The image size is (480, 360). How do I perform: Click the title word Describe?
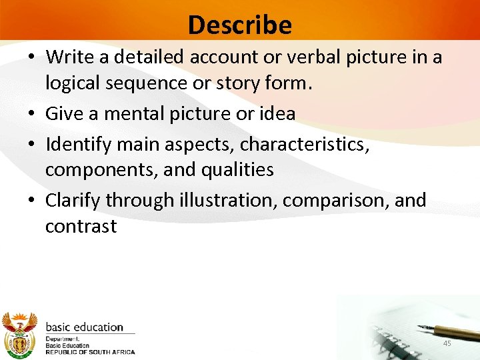(240, 25)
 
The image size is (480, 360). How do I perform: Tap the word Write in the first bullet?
(68, 57)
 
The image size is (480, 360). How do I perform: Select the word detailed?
(150, 57)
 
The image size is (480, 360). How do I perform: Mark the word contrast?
(81, 226)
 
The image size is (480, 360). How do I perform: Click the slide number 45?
(447, 343)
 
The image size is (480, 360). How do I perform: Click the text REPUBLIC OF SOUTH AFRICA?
(90, 352)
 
